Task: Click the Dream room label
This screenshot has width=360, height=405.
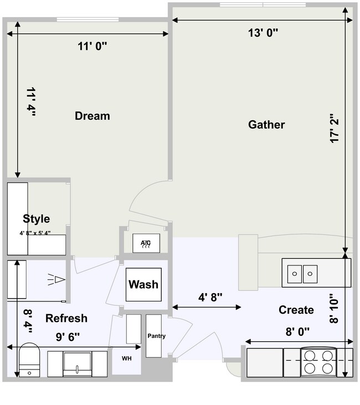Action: [x=92, y=116]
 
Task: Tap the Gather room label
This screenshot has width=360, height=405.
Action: [x=266, y=125]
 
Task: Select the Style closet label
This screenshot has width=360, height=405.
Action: [x=37, y=219]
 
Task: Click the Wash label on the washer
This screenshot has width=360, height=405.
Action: [x=143, y=285]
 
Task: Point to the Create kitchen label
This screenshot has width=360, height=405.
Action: [x=296, y=310]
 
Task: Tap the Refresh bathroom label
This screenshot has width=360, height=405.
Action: [x=66, y=319]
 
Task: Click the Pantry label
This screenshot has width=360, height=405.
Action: [x=156, y=336]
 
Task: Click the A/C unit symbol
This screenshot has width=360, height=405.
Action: [x=146, y=243]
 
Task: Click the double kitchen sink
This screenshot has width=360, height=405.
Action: [x=303, y=273]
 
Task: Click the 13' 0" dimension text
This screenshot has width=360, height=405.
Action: [x=263, y=32]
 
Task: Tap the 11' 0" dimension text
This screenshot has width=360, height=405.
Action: [x=92, y=47]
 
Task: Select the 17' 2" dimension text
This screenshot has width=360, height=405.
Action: [x=334, y=129]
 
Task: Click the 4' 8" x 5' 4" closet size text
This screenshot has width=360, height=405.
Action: [x=35, y=233]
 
